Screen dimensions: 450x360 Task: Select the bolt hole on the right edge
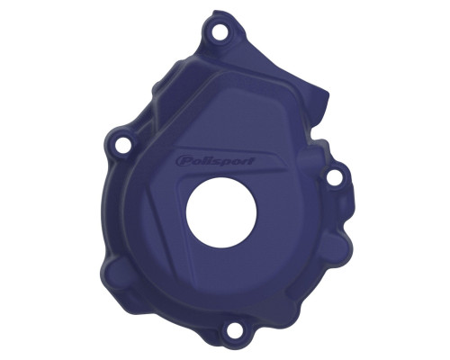332,177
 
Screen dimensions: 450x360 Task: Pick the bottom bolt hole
234,329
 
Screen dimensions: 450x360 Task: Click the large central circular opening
221,212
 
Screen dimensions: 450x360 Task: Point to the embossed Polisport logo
215,160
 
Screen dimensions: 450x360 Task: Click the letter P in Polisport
183,161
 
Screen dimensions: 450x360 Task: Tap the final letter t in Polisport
251,160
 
